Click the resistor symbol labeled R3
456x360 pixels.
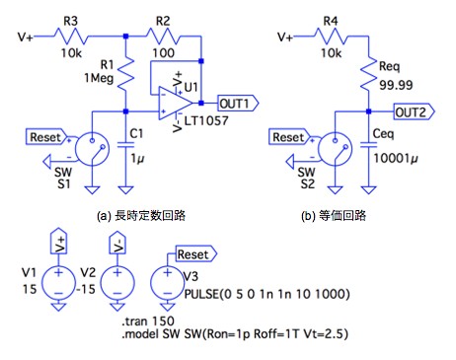click(71, 36)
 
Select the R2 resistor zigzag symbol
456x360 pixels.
click(163, 36)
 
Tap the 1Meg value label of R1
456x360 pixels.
click(99, 78)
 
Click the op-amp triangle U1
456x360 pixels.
click(176, 104)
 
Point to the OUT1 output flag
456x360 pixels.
click(238, 104)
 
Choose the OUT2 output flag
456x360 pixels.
click(415, 112)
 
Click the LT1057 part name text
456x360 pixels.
click(206, 120)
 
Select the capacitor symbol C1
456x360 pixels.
click(125, 145)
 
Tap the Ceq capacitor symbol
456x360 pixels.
click(368, 145)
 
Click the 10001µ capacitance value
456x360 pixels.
click(396, 159)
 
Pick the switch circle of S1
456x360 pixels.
click(92, 149)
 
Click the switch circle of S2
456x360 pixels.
click(335, 149)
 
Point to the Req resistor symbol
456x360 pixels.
click(368, 74)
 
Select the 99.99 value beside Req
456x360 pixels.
click(396, 85)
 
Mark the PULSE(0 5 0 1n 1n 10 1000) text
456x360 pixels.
click(266, 294)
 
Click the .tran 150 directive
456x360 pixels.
click(148, 321)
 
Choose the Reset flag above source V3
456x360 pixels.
click(196, 254)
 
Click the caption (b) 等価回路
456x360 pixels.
click(334, 216)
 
